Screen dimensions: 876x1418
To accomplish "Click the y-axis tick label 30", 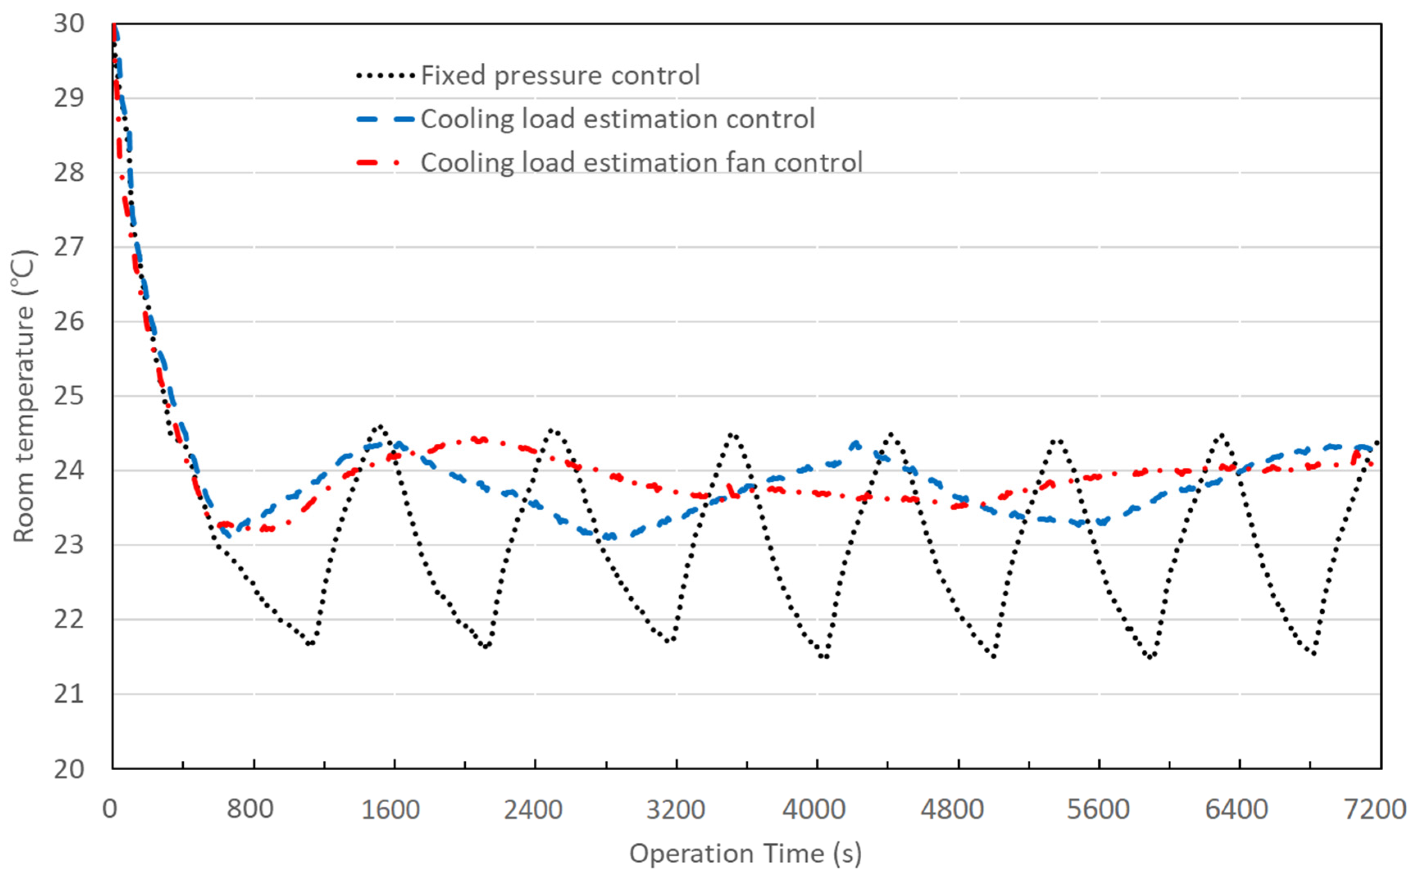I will [x=69, y=24].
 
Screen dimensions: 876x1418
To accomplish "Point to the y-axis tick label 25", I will [x=69, y=396].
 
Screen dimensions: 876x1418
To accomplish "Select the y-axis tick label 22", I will [x=69, y=620].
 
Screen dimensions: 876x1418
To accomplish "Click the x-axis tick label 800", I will [x=250, y=809].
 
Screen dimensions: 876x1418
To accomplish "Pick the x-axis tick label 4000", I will [x=814, y=809].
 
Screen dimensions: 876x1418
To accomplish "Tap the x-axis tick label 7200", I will [x=1375, y=809].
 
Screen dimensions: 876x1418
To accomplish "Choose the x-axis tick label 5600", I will [x=1098, y=809].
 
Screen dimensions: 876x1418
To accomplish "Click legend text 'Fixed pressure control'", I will [x=560, y=75].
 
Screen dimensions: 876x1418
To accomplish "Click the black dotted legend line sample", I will [x=385, y=75].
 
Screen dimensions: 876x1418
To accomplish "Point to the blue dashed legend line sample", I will [x=385, y=119].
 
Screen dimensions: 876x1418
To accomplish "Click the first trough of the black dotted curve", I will [x=310, y=643].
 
